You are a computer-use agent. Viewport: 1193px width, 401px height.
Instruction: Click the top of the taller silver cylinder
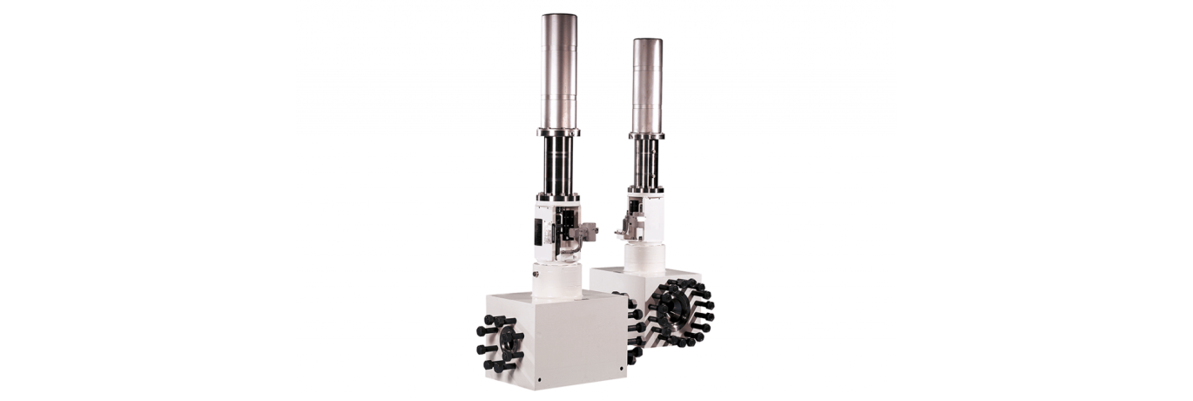(x=558, y=17)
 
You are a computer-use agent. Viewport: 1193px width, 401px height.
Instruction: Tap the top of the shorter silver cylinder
(x=647, y=41)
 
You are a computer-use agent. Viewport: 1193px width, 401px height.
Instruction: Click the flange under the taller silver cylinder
(x=558, y=132)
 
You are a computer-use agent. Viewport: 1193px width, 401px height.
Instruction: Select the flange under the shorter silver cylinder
(x=646, y=135)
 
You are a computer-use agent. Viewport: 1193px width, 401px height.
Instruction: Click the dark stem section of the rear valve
(x=646, y=164)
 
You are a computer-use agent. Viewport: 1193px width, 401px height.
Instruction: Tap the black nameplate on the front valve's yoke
(x=539, y=230)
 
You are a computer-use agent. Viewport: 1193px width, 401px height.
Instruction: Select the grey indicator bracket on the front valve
(x=588, y=231)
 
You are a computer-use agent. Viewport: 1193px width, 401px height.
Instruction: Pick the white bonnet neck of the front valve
(x=557, y=279)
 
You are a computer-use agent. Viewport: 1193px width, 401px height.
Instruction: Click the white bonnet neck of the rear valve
(x=644, y=257)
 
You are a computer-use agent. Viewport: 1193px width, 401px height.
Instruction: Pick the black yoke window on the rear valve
(x=639, y=209)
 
